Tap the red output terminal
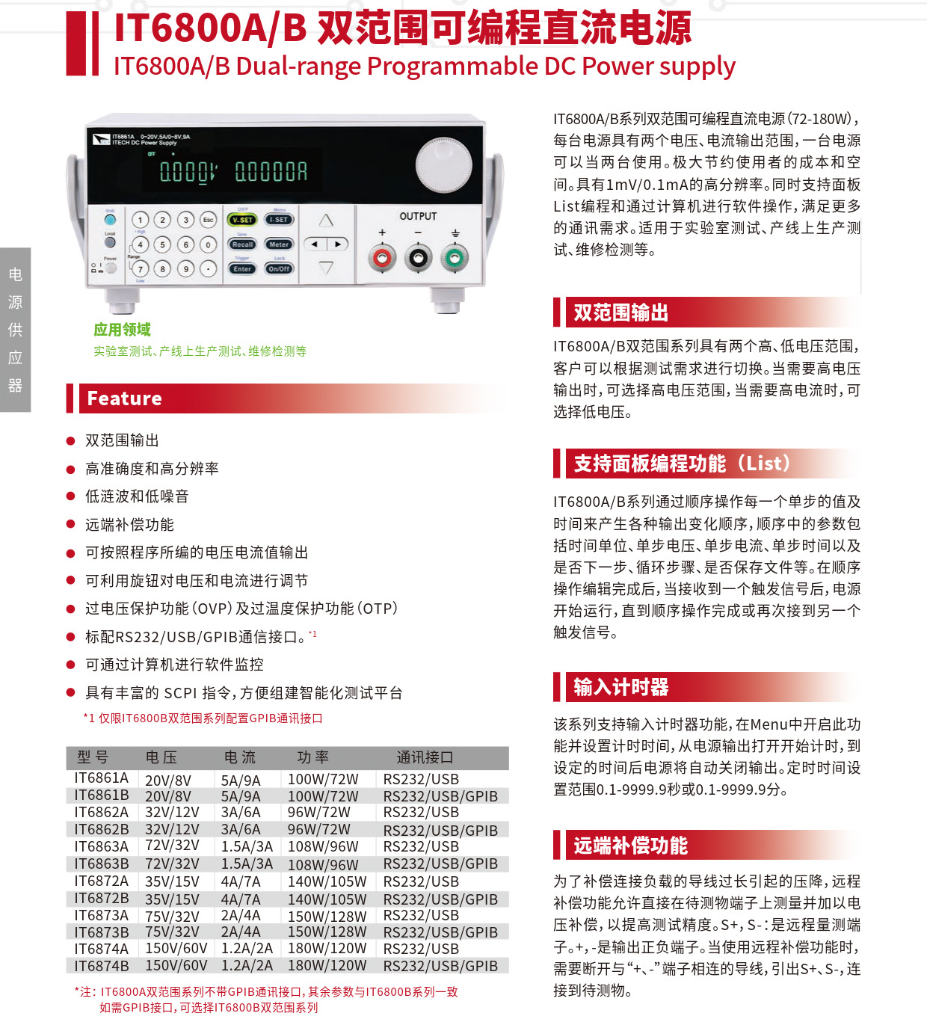coord(382,259)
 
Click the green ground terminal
coord(454,259)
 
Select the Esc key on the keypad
coord(208,220)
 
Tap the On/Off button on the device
coord(279,268)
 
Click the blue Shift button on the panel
coord(110,220)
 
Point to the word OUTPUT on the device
coord(418,216)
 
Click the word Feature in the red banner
coord(124,398)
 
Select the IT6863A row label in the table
coord(101,846)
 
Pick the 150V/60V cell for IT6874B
coord(176,966)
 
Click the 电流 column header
coord(240,757)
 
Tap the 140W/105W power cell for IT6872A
coord(327,881)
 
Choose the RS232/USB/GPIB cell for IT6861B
coord(440,796)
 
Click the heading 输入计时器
coord(620,687)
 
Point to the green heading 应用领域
coord(122,330)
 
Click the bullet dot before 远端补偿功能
coord(71,525)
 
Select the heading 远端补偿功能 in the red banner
coord(630,846)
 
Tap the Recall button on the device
coord(242,244)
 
